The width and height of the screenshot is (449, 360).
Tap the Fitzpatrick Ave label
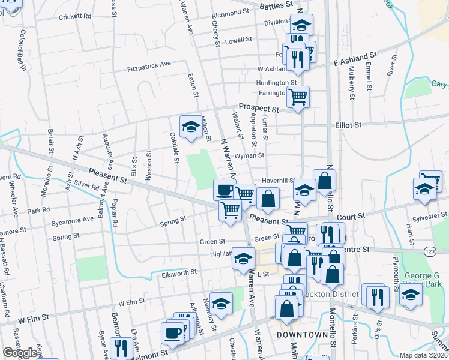(x=149, y=65)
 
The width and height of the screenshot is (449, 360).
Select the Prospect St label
(x=259, y=108)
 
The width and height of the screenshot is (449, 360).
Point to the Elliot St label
(x=348, y=125)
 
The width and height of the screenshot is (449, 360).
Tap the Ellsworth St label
(x=179, y=272)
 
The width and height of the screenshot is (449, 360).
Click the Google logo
(x=20, y=353)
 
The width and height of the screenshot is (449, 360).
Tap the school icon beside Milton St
(x=191, y=126)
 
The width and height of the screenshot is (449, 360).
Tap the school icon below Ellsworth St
(x=221, y=302)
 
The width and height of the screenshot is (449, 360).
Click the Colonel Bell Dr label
(x=24, y=50)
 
